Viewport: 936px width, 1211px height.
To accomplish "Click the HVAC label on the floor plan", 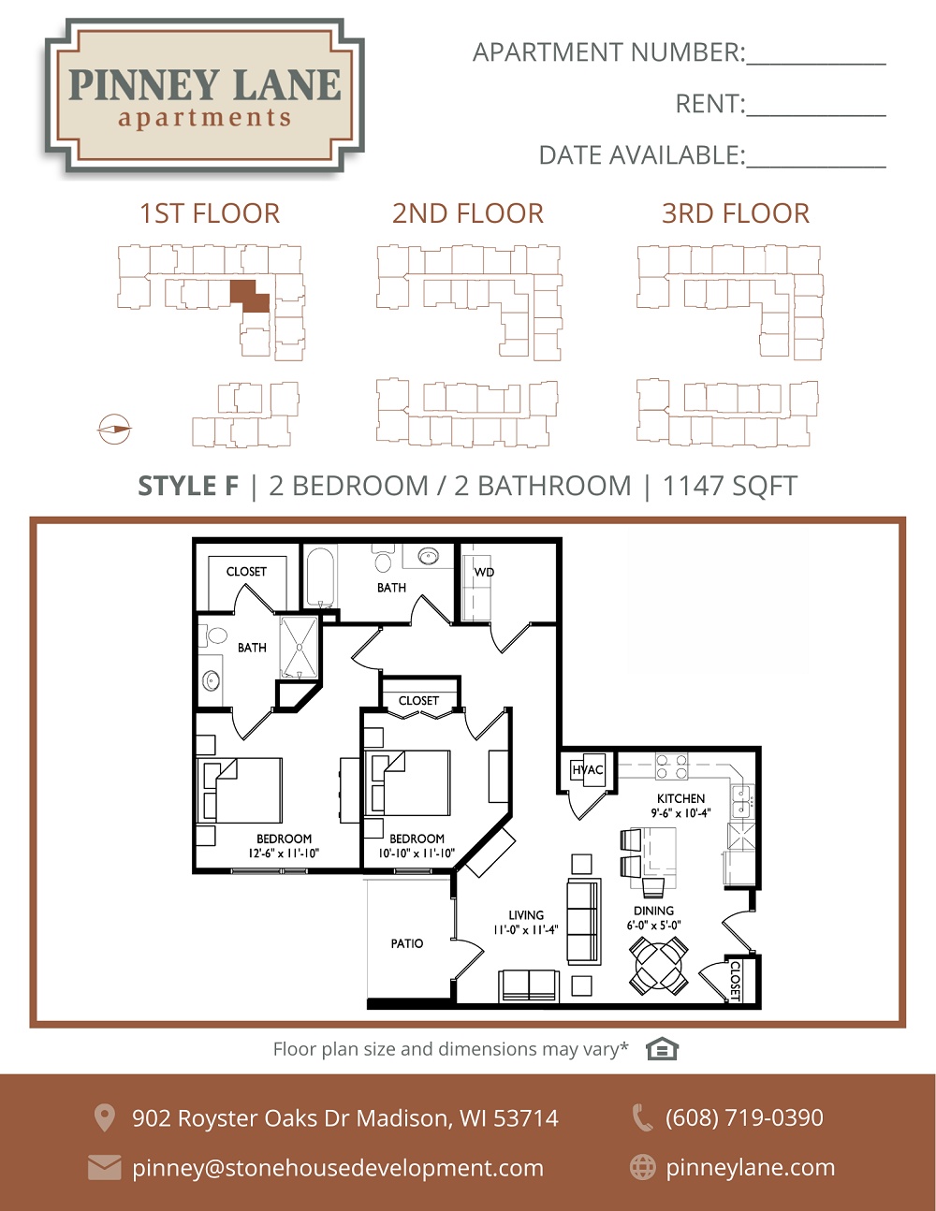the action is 588,770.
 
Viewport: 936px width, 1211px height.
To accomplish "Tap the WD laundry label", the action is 484,572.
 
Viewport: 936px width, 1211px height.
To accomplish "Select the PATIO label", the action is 407,943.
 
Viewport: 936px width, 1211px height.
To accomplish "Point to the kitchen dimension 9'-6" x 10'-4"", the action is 680,813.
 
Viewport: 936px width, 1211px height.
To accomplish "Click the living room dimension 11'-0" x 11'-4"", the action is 526,929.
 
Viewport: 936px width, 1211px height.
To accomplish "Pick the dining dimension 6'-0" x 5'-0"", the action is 653,926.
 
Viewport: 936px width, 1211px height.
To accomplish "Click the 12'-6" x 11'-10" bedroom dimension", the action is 284,854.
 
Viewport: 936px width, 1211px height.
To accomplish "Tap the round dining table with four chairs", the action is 659,965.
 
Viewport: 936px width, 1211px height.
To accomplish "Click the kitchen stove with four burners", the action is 671,766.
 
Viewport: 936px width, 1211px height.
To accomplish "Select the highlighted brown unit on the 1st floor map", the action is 250,297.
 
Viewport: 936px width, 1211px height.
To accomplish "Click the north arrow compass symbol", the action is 114,430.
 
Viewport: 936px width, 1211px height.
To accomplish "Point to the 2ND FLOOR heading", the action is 468,213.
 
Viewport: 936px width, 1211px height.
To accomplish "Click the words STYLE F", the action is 188,486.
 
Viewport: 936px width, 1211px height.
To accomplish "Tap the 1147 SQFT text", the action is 730,486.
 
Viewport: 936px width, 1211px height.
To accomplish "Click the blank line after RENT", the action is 816,115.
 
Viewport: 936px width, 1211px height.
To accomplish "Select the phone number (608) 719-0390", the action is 744,1116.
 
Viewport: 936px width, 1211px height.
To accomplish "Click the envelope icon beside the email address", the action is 104,1167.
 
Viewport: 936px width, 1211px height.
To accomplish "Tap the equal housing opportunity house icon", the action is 662,1049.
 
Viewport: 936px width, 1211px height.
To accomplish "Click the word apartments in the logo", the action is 204,118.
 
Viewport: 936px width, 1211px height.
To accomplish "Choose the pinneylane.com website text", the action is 751,1167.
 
